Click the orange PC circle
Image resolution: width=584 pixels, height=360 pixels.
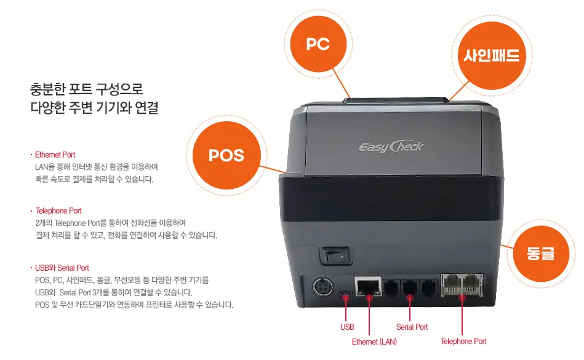click(318, 44)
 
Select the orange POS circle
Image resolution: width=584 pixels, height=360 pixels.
click(226, 155)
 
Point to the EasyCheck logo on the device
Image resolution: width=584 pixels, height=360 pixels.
click(391, 146)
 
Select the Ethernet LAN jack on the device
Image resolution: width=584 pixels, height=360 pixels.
click(369, 287)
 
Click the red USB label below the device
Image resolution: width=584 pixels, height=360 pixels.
click(347, 327)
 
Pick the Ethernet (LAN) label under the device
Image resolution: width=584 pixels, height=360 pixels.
click(374, 342)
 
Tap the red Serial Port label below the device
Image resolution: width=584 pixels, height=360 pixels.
click(412, 327)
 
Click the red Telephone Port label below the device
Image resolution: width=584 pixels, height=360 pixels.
click(463, 342)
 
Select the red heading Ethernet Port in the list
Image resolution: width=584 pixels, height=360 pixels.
click(55, 154)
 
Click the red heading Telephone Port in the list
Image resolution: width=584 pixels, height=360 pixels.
click(58, 210)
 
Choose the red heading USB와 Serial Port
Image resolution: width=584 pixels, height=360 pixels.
click(62, 268)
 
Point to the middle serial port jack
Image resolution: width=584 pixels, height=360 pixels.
click(410, 288)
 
